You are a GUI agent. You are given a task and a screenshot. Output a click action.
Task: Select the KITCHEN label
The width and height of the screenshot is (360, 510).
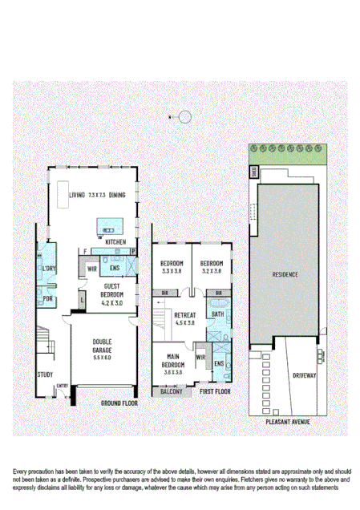(x=115, y=241)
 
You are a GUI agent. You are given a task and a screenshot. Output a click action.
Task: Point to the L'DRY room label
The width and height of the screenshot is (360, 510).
(x=49, y=269)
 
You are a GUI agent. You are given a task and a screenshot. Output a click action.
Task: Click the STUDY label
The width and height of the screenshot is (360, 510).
(x=46, y=374)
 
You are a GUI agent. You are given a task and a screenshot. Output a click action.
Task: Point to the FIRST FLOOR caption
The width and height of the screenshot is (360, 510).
(x=216, y=392)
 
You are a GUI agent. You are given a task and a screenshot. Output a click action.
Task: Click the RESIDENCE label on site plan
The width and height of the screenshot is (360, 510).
(x=285, y=275)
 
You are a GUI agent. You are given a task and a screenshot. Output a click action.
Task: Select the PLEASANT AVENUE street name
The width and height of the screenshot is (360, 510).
(x=288, y=420)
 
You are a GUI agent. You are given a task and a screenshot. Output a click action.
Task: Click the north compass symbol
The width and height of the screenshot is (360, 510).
(x=185, y=117)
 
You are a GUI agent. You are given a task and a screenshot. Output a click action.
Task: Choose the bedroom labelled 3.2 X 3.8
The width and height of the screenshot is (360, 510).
(x=212, y=268)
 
